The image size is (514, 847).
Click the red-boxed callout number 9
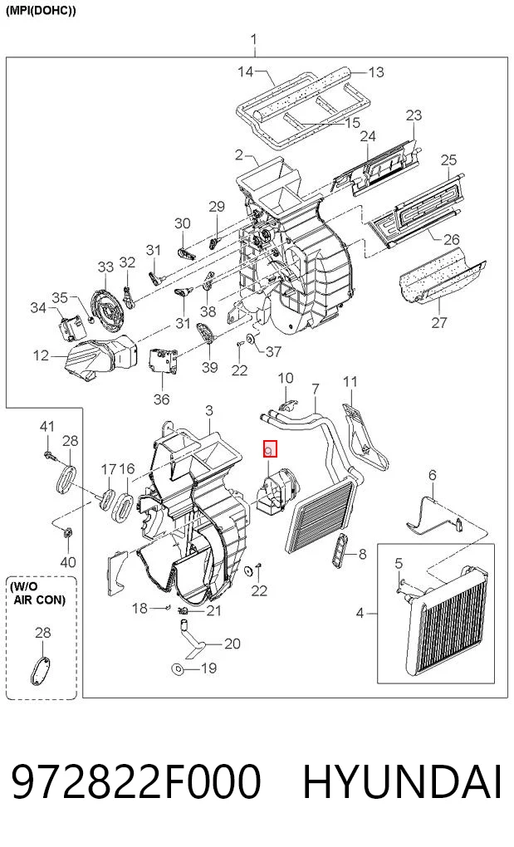pos(269,449)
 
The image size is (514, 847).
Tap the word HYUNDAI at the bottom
pos(402,782)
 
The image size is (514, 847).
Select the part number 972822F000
pos(136,782)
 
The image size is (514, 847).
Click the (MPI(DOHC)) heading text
pos(41,11)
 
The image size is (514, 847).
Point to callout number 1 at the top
pos(254,39)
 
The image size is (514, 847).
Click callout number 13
pos(376,72)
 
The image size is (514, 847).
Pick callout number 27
pos(439,322)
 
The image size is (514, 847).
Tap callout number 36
pos(161,399)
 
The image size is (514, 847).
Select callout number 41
pos(47,426)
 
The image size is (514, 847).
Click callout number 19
pos(209,668)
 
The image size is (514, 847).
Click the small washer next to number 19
pos(177,670)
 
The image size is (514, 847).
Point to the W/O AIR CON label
pos(39,593)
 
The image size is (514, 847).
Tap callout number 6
pos(432,475)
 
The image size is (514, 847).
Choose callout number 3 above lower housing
pos(209,411)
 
